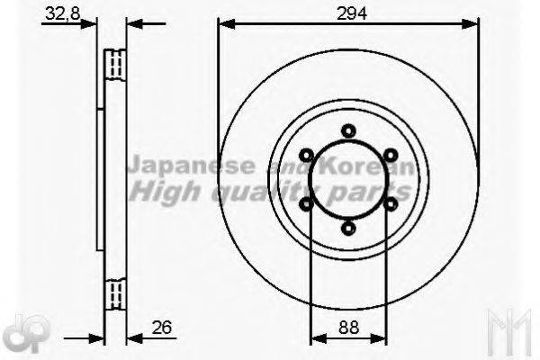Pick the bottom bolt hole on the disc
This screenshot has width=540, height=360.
click(348, 230)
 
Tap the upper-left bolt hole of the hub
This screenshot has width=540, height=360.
click(306, 154)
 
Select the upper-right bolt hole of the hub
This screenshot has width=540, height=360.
click(391, 154)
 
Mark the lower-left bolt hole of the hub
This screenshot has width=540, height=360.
click(306, 204)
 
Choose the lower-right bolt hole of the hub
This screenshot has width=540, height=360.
click(391, 204)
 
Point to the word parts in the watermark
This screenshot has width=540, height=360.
click(374, 191)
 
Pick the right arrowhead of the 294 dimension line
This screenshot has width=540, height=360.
click(474, 24)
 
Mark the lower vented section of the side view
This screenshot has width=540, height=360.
click(113, 293)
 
